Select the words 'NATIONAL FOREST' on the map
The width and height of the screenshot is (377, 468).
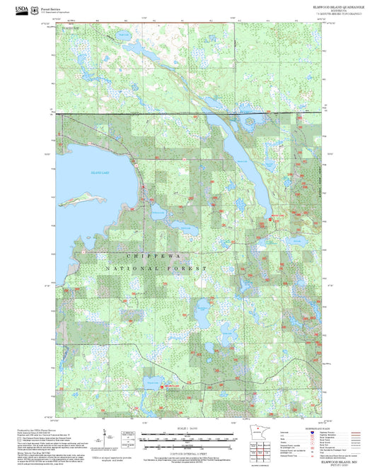pos(156,269)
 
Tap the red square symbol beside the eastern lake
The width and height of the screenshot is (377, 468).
pos(269,220)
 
